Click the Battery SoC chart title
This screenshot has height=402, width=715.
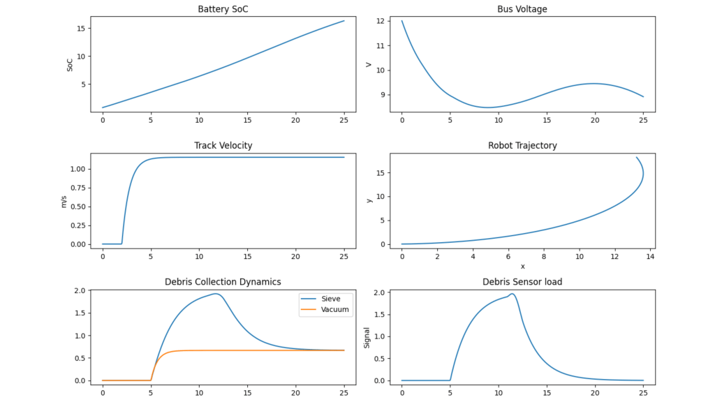point(223,9)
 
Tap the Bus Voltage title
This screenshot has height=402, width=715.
point(522,9)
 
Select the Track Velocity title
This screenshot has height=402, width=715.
point(223,146)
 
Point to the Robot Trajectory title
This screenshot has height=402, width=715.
point(522,146)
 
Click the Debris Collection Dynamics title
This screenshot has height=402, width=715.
point(223,282)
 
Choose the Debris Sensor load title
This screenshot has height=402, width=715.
point(522,282)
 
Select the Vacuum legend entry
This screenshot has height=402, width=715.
point(334,308)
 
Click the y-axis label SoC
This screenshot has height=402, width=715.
point(69,64)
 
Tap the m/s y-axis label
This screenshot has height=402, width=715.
point(64,200)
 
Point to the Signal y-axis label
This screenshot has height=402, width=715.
point(367,337)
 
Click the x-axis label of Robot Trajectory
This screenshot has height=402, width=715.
point(522,267)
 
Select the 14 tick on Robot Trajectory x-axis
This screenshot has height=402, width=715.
point(650,257)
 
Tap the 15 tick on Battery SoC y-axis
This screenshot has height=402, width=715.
point(80,29)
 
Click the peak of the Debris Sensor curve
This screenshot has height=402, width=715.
point(513,294)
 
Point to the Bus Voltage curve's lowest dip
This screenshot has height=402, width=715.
point(487,107)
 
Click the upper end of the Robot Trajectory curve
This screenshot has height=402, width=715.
point(636,157)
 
